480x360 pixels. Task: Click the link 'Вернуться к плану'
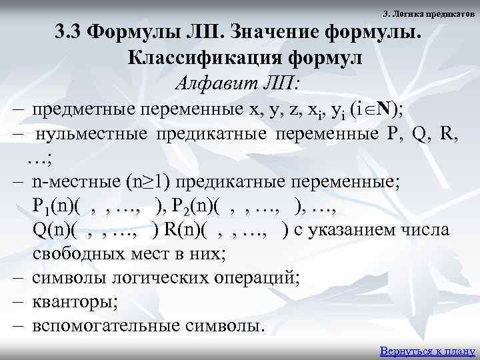[426, 351]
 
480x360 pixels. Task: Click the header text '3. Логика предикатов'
[430, 14]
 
